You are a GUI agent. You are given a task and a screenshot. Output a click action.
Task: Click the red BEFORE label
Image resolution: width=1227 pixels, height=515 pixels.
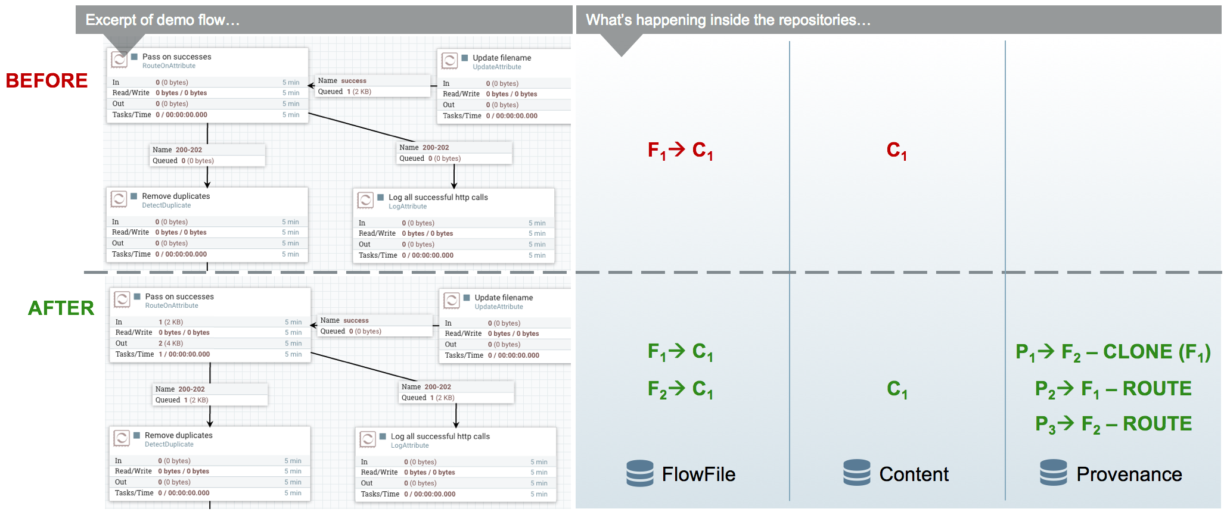[46, 80]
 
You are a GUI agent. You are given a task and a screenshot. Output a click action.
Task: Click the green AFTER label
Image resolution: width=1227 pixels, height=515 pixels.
[61, 308]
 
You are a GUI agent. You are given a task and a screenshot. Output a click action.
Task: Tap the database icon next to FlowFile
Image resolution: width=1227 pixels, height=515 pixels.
[640, 473]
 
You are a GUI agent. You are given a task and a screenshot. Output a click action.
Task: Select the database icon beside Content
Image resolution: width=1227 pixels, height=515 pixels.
[857, 473]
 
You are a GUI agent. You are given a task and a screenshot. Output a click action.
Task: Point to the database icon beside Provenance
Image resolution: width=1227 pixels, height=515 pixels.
[1054, 473]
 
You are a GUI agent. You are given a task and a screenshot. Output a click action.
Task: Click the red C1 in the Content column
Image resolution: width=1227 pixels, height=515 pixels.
[896, 150]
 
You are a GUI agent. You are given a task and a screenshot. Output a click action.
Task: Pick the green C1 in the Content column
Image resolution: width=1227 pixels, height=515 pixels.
[897, 389]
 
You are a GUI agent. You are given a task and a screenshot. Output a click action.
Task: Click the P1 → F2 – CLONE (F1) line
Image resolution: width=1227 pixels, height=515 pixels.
[1113, 352]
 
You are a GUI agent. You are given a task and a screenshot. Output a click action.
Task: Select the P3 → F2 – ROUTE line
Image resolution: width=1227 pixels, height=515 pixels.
[1113, 424]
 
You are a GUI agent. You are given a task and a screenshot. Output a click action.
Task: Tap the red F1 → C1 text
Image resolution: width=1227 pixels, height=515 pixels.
[680, 150]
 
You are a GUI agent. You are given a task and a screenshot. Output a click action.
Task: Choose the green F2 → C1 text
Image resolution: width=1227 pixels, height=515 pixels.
[680, 389]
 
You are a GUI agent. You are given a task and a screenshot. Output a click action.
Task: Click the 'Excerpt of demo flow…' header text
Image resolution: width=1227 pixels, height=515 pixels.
[162, 20]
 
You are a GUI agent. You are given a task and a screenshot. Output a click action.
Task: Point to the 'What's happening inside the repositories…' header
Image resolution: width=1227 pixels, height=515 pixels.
[728, 20]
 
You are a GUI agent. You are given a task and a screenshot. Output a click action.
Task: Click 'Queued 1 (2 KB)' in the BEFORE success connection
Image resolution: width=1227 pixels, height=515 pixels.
[344, 92]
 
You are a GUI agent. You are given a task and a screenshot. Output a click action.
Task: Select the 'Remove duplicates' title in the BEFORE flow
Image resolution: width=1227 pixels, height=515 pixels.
[176, 196]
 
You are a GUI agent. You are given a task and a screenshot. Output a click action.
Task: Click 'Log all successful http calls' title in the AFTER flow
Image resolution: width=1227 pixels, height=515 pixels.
[440, 436]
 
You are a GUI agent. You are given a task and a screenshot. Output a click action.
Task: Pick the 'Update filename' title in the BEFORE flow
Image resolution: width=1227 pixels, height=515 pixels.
[502, 58]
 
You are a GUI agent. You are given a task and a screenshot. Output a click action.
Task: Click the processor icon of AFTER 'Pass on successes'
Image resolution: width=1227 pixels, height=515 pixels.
[122, 299]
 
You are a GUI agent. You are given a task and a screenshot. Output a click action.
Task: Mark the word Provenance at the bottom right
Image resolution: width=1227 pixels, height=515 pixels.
[1129, 474]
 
